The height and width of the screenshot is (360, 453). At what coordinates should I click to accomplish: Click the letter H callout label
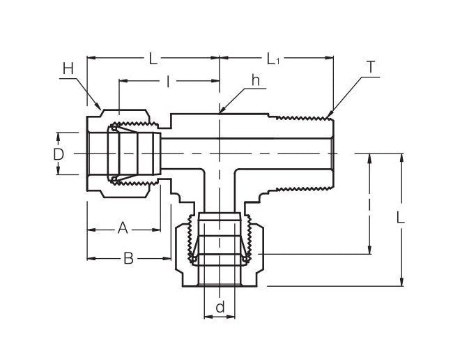pos(68,68)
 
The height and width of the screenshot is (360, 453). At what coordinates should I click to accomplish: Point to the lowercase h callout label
pos(255,81)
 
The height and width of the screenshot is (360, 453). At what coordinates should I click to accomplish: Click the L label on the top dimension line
pos(153,58)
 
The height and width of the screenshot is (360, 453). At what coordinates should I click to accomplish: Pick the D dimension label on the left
pos(59,153)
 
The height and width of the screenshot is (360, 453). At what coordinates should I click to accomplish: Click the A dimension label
pos(123,227)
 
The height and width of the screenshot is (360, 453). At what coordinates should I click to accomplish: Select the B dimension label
pos(128,258)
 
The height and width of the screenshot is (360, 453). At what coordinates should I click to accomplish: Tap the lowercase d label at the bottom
pos(220,306)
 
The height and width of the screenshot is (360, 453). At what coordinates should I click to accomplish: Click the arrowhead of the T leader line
pos(327,114)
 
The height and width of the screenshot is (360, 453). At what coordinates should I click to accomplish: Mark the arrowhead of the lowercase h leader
pos(221,111)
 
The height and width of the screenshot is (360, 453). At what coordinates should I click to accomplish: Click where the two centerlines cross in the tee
pos(220,153)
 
